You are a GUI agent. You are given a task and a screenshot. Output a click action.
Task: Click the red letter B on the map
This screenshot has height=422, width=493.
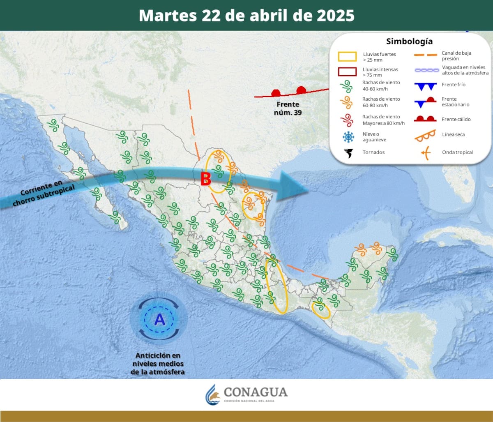point(205,179)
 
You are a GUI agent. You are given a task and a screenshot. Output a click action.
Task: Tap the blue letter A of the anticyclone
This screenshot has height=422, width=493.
point(159,319)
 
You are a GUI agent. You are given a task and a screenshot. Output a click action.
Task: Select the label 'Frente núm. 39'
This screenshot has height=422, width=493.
point(288,108)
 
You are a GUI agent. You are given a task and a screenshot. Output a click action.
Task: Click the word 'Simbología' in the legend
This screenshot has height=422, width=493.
point(409,41)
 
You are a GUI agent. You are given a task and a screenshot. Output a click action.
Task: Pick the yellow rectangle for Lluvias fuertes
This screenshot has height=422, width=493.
point(347,57)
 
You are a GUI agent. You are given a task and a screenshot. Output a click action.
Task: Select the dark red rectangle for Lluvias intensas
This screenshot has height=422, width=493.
point(347,71)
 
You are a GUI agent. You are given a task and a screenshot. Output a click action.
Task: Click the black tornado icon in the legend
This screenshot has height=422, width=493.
point(349,153)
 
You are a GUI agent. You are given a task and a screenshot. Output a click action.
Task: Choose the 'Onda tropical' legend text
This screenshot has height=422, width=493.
point(457,152)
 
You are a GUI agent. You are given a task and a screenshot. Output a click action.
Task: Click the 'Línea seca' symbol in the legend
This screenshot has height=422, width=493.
point(425,136)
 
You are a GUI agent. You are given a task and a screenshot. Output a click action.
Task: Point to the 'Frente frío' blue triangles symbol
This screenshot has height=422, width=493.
point(425,86)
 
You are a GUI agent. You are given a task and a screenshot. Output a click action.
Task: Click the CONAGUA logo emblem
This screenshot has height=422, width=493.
point(213,395)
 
